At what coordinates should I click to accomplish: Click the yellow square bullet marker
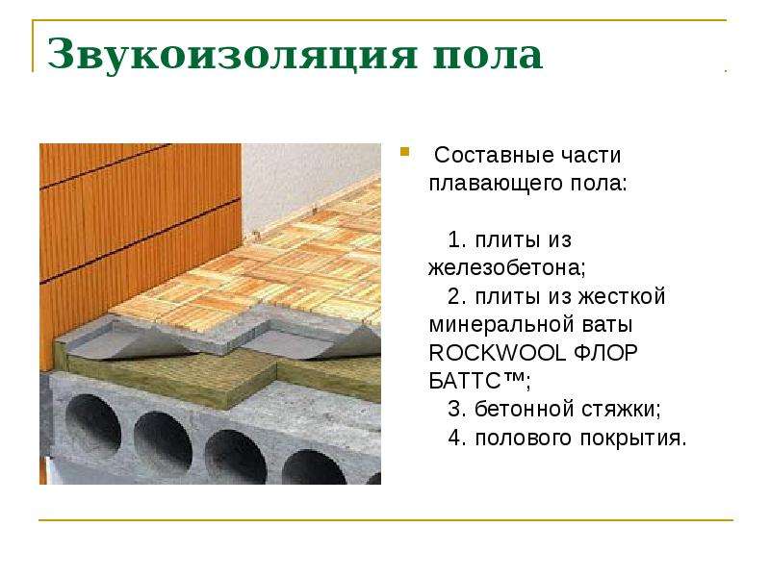click(x=404, y=152)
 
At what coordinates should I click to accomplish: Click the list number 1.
click(x=455, y=239)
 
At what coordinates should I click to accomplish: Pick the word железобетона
click(x=506, y=268)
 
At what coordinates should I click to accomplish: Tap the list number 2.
click(x=456, y=296)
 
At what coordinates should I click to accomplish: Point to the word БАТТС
click(x=465, y=381)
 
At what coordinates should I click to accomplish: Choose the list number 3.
click(x=456, y=410)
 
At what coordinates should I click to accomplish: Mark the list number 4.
click(x=456, y=438)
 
